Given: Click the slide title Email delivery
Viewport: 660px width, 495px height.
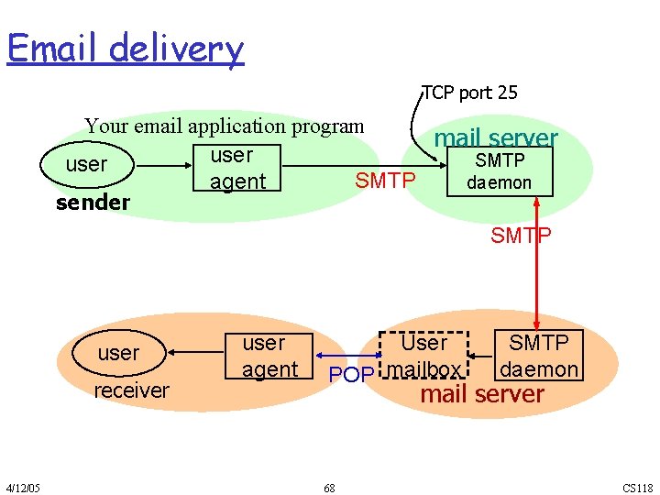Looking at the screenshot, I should (126, 48).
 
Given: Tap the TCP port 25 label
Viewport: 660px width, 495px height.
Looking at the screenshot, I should (470, 93).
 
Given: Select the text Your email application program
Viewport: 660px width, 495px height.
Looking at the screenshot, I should (225, 126).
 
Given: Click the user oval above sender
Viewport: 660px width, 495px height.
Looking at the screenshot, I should (87, 165).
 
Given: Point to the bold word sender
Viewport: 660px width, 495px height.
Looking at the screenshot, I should (93, 202).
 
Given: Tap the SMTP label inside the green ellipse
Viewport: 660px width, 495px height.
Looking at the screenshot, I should (385, 181).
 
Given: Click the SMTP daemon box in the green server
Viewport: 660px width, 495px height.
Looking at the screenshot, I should (499, 172).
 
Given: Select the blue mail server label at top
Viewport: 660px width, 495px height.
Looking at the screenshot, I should (496, 138).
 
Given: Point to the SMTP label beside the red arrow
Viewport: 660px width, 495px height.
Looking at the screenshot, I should (521, 236).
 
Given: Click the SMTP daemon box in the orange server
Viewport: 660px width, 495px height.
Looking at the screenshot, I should (538, 356).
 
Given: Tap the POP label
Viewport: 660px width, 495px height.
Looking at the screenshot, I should (350, 374).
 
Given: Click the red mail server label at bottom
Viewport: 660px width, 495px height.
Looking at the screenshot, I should (481, 395).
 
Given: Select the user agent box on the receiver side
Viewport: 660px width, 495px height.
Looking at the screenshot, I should (270, 356).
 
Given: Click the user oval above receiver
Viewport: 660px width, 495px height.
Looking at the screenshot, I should (118, 353).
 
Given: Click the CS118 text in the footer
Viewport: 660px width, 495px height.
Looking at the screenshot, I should (638, 488).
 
